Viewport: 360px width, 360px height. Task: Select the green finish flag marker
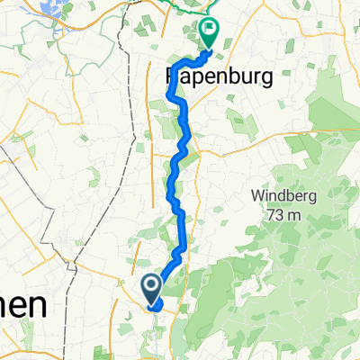pos(209,32)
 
